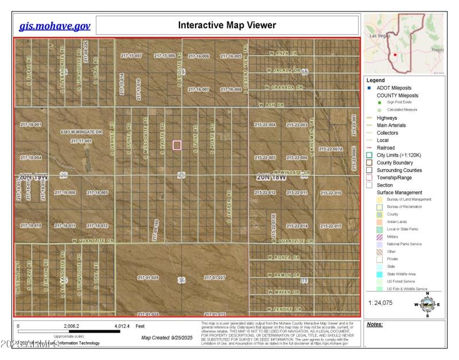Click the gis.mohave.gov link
coord(55,26)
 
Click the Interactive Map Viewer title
coord(227,25)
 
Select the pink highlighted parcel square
coord(177,145)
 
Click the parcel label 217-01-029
coord(147,277)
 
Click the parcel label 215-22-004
coord(265,124)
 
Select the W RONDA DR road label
coord(283,259)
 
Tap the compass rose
coord(426,304)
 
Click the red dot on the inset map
coord(395,54)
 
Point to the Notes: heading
coord(375,324)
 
